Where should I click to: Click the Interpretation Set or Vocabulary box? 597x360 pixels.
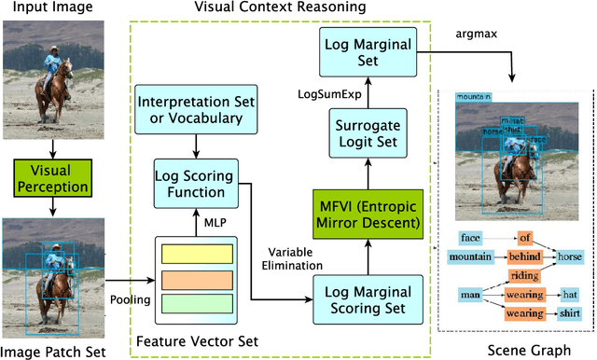pos(190,109)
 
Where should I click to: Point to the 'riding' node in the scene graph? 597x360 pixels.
pos(525,275)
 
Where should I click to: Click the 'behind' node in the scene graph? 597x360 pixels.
pos(526,256)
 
